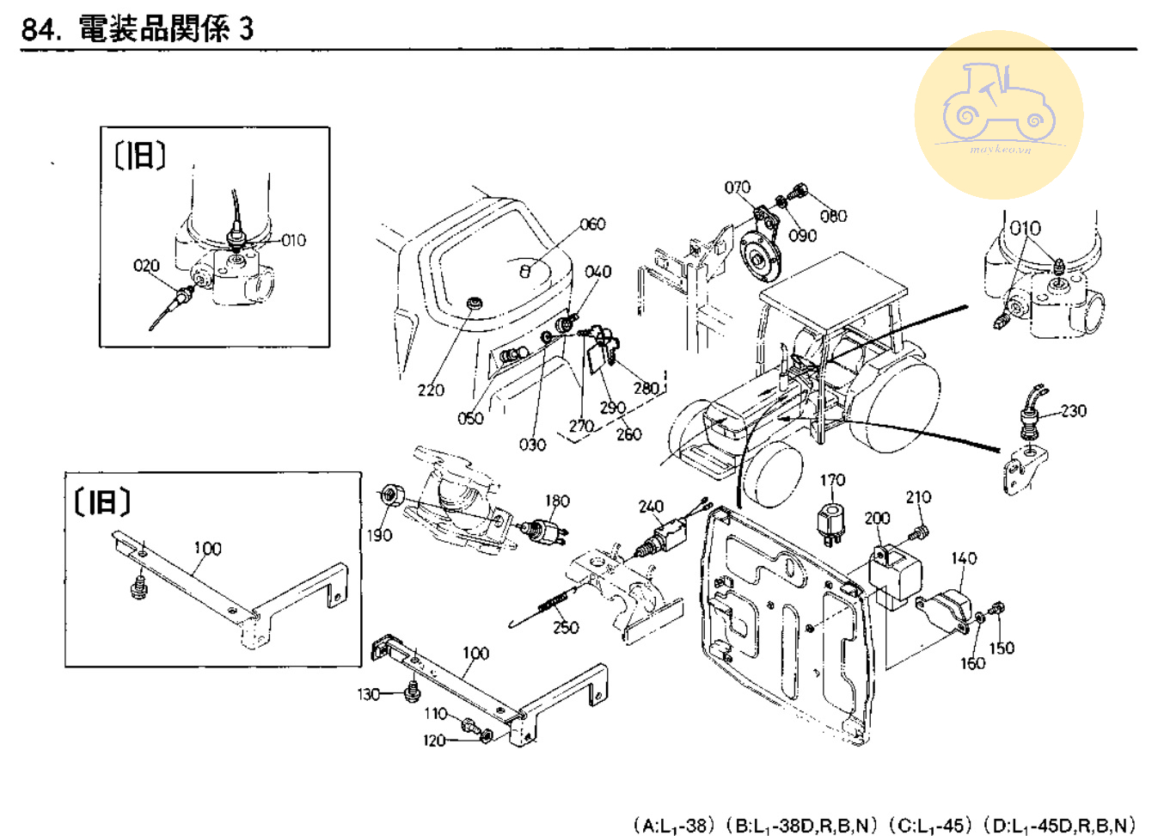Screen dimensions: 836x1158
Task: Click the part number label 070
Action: (737, 187)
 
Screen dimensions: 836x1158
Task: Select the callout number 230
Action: (1073, 411)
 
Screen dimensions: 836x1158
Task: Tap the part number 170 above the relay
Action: (831, 480)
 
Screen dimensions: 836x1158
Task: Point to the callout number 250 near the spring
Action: (566, 628)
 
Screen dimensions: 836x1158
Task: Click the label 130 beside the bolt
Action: (368, 694)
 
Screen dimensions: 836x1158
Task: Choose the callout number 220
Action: (431, 390)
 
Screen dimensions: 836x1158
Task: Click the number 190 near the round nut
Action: (379, 535)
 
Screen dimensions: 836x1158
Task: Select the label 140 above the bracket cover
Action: (964, 558)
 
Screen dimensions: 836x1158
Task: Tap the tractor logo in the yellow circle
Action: (998, 105)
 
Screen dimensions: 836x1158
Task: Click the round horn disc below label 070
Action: (757, 254)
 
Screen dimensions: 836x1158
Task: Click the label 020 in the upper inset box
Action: (146, 266)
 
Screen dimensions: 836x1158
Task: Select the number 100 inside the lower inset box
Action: (207, 549)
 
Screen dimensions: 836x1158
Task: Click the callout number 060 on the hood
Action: (591, 224)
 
